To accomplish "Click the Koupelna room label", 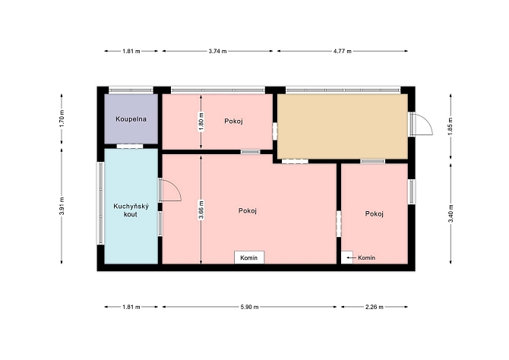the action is point(131,119).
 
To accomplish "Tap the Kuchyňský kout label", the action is point(131,210).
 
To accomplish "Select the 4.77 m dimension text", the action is point(342,51).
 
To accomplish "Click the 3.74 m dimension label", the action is point(217,51).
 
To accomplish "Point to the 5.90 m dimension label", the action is point(249,307).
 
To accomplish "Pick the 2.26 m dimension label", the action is point(375,307).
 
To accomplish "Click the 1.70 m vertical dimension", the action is point(62,118).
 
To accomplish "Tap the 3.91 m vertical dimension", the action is point(62,206).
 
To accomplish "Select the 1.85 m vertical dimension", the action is point(451,127).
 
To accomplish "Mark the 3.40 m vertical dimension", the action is point(451,213).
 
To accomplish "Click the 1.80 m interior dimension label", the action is point(201,122).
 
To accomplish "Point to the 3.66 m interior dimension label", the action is point(201,210).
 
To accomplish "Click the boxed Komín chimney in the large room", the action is point(249,257).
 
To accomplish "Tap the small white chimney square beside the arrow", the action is point(347,257).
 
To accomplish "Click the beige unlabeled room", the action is point(343,127).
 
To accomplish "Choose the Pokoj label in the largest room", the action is point(248,210).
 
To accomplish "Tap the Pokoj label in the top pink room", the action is point(234,121).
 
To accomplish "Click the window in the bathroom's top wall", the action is point(131,90).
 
